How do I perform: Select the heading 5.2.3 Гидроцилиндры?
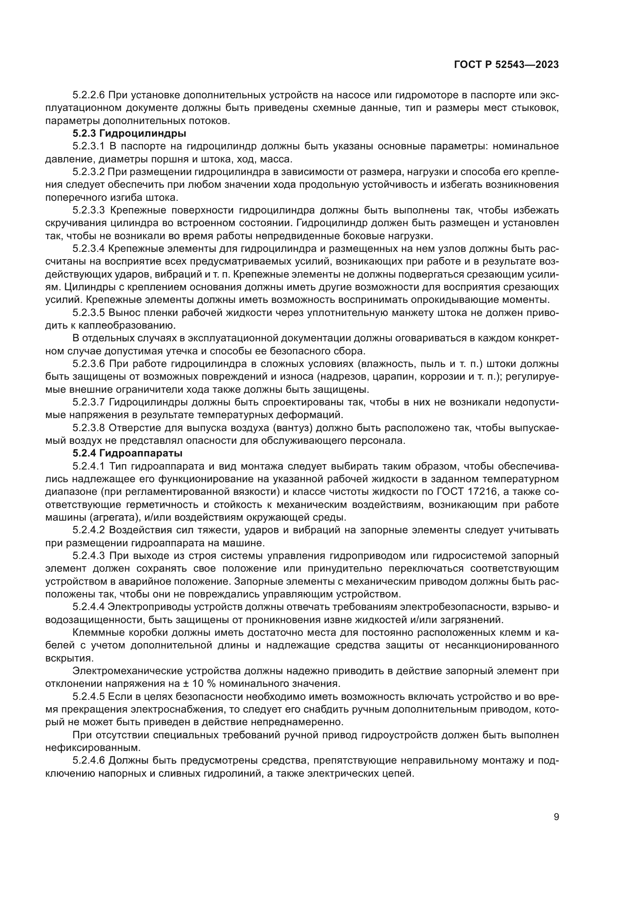[x=129, y=133]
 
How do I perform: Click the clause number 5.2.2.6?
[x=89, y=95]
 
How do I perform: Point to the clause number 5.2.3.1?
[x=89, y=146]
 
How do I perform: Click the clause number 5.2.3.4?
[x=89, y=248]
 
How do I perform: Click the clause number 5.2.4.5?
[x=89, y=696]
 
